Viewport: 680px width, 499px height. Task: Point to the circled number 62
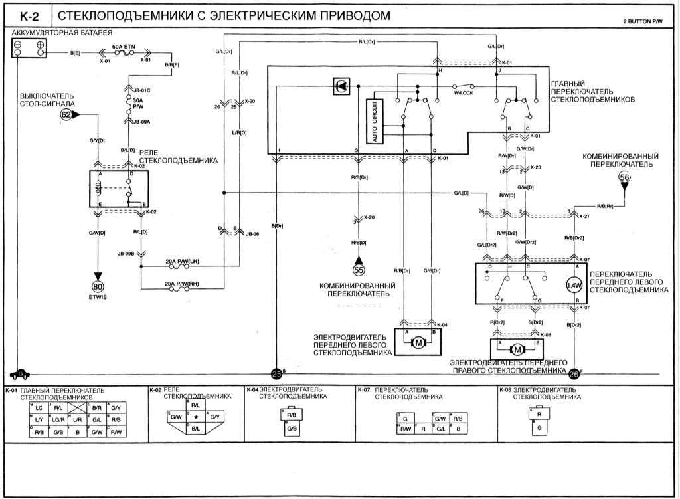pyautogui.click(x=66, y=114)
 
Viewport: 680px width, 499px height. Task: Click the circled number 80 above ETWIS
pyautogui.click(x=98, y=286)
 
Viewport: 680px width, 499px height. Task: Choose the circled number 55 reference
pyautogui.click(x=359, y=270)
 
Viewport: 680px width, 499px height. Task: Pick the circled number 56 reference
pyautogui.click(x=624, y=177)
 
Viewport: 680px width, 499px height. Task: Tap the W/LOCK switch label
pyautogui.click(x=463, y=93)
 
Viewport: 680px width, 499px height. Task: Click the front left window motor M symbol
pyautogui.click(x=418, y=342)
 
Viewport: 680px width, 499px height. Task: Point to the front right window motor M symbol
pyautogui.click(x=516, y=349)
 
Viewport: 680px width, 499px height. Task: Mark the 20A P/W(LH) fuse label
pyautogui.click(x=182, y=262)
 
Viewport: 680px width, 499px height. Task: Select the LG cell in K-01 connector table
pyautogui.click(x=39, y=407)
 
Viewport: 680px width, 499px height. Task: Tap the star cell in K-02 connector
pyautogui.click(x=196, y=416)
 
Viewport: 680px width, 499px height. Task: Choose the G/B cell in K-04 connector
pyautogui.click(x=292, y=429)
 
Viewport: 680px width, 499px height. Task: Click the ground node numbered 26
pyautogui.click(x=574, y=375)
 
